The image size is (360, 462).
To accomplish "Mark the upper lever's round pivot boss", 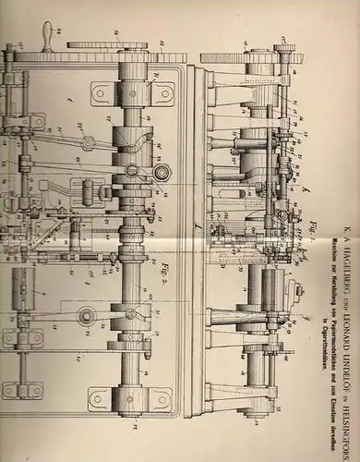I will (x=88, y=143).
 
